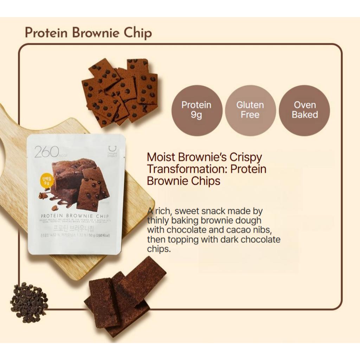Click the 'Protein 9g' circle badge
pyautogui.click(x=197, y=110)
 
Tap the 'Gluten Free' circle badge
pyautogui.click(x=250, y=110)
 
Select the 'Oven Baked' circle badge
pyautogui.click(x=304, y=110)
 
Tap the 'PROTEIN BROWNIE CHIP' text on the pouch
pyautogui.click(x=75, y=216)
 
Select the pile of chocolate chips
pyautogui.click(x=29, y=302)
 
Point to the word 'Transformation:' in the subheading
pyautogui.click(x=186, y=169)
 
